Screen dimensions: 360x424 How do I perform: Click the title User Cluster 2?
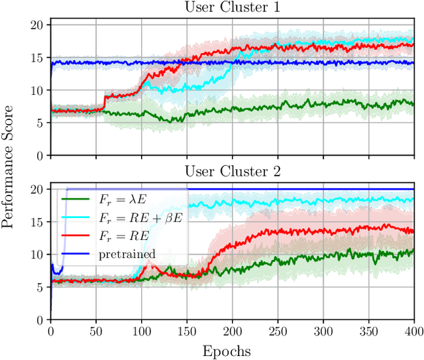(x=233, y=172)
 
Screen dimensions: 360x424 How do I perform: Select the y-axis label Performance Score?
(x=8, y=171)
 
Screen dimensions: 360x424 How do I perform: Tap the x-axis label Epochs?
(x=233, y=350)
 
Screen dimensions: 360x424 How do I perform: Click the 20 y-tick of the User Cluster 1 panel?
(x=36, y=25)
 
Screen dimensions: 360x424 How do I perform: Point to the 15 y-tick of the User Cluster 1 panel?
(x=36, y=58)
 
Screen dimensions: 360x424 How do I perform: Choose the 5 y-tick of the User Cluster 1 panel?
(x=40, y=123)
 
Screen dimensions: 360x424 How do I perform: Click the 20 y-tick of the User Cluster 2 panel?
(x=36, y=190)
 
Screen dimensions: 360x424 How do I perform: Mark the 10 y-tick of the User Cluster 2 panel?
(x=36, y=255)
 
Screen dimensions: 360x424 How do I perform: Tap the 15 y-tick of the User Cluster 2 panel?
(x=36, y=222)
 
